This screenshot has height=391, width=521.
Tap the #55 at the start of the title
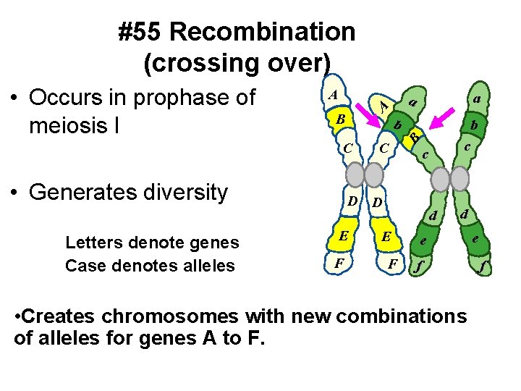(143, 32)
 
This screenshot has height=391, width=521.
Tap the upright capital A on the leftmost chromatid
(332, 95)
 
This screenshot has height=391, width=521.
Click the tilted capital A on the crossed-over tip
(385, 106)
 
